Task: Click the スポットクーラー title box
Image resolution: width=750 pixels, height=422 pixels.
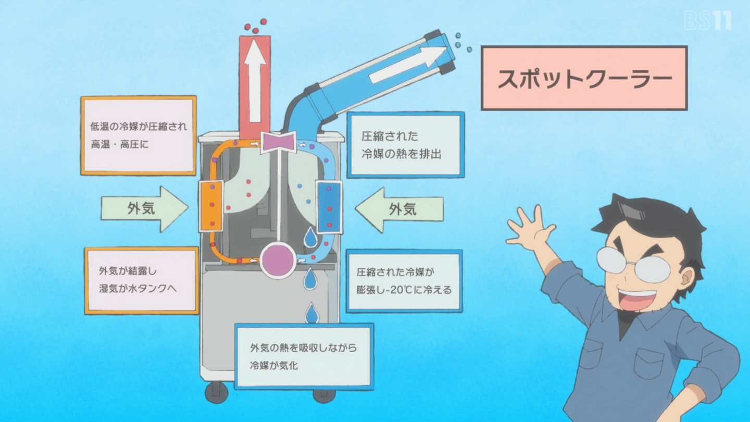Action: click(x=584, y=78)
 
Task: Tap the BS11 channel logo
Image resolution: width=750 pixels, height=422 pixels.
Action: click(x=707, y=21)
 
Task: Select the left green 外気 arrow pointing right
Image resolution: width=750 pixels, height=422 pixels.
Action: click(x=145, y=209)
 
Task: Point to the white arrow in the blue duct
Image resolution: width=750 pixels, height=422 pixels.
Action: click(x=408, y=65)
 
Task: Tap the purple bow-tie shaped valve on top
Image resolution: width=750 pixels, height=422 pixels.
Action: click(x=279, y=142)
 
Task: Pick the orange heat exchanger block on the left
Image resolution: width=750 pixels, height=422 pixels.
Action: click(x=211, y=206)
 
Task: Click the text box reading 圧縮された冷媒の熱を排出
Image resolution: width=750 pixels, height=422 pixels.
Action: click(x=406, y=145)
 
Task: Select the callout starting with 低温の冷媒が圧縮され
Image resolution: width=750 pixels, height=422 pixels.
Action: click(x=139, y=135)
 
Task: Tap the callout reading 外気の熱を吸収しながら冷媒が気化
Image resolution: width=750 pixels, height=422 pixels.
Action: click(x=304, y=356)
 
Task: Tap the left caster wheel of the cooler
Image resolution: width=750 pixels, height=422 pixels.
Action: click(x=217, y=392)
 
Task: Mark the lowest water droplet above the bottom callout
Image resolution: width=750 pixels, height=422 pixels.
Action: click(x=312, y=314)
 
